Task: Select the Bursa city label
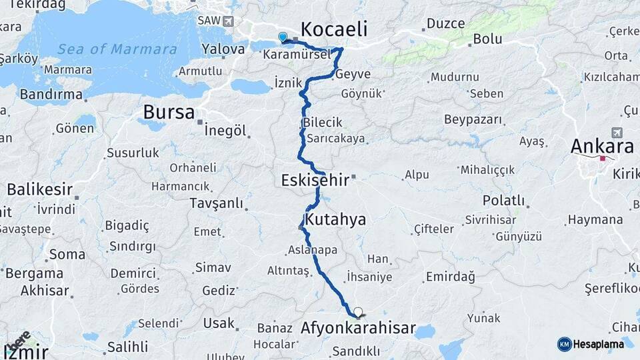pos(169,112)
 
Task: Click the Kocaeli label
pos(334,29)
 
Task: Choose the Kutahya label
pos(335,219)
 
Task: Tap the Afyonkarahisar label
pos(359,329)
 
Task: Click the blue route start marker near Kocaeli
pos(283,38)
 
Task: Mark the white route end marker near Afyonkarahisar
pos(359,311)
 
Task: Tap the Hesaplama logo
pos(591,343)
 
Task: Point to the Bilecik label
pos(322,123)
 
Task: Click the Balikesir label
pos(40,189)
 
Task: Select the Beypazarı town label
pos(472,119)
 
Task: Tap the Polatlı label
pos(503,201)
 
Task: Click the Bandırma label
pos(51,95)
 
